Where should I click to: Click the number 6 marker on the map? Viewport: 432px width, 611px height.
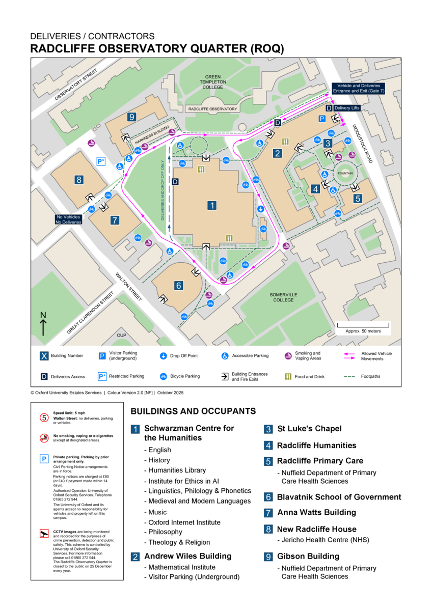(178, 286)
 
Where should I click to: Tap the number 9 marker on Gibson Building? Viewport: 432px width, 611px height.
(132, 117)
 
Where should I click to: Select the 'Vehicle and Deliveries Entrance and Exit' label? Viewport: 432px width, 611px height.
(358, 88)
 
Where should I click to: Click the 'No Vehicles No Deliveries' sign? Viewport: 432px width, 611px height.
(69, 219)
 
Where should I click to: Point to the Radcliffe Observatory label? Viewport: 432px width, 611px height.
(212, 109)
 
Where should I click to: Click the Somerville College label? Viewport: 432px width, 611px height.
(283, 297)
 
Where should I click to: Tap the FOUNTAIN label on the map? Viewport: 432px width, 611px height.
(345, 174)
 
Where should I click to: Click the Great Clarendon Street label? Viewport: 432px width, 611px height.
(90, 313)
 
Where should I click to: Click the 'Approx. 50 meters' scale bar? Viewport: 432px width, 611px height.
(363, 327)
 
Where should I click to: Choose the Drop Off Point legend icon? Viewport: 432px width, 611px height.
(163, 356)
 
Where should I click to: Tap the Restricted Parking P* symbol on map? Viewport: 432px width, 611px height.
(101, 161)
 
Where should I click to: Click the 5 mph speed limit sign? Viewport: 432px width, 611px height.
(44, 418)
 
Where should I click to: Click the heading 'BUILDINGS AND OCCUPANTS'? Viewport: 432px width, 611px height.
(193, 411)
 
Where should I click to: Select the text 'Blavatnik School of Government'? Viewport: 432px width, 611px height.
(339, 497)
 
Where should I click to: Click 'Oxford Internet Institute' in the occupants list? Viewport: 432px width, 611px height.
(184, 522)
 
